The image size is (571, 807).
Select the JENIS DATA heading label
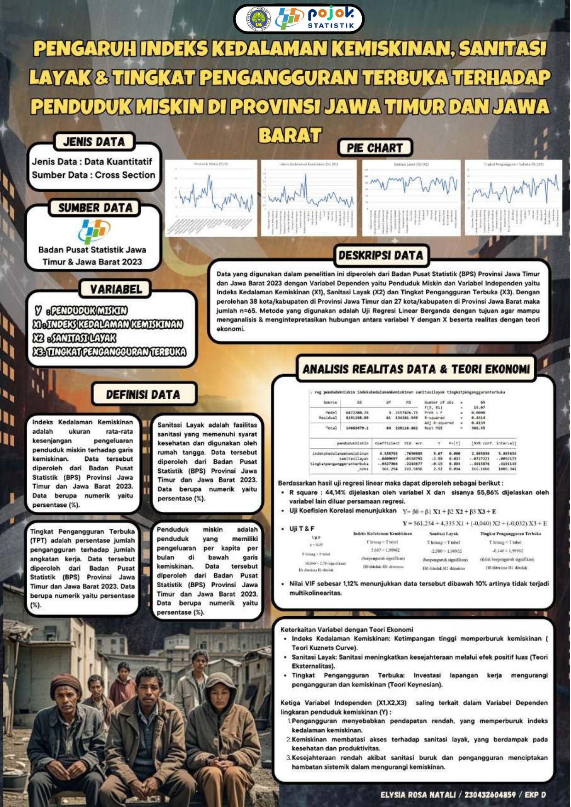pos(94,142)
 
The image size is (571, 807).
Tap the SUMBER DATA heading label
pos(95,208)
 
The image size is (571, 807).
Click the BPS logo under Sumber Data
pos(94,231)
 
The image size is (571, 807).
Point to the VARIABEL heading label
pos(116,289)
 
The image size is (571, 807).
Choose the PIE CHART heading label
pos(375,148)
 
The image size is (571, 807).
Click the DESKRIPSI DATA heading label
pos(381,256)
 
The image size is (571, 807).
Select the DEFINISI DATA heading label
pos(143,395)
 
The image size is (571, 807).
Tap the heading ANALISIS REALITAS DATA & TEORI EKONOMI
pos(416,369)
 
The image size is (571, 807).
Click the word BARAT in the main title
pos(290,136)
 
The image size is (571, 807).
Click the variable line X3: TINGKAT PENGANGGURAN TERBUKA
pos(109,352)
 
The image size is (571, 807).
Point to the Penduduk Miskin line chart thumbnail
pos(211,198)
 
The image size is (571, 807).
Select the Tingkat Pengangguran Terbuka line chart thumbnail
pos(514,198)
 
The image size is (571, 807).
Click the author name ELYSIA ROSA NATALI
pos(418,795)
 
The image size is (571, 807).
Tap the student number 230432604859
pos(490,795)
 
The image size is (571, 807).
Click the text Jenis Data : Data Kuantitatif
pos(92,161)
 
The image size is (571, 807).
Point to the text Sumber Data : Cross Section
pos(93,175)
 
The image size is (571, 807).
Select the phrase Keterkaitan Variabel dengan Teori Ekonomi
pos(347,630)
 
